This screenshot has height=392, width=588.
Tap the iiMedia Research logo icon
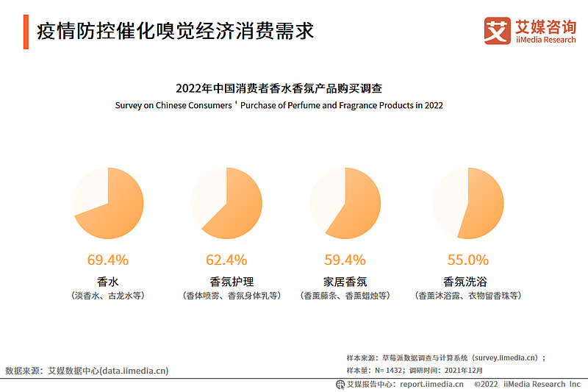(x=497, y=31)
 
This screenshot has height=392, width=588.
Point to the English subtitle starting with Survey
(x=279, y=105)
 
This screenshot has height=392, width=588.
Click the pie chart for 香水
(x=108, y=203)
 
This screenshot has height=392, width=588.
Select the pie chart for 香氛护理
(x=226, y=203)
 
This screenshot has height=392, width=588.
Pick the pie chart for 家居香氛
(x=345, y=203)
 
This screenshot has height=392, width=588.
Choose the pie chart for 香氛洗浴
(x=467, y=203)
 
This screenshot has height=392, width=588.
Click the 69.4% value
(x=108, y=260)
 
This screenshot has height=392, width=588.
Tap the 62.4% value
(x=226, y=260)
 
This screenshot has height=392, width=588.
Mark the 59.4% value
(x=345, y=260)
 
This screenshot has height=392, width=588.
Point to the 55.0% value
(x=467, y=260)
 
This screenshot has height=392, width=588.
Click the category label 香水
(x=108, y=281)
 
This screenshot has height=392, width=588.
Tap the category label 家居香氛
(x=345, y=281)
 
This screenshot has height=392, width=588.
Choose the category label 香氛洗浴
(x=467, y=281)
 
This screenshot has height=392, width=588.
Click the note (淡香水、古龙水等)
(x=108, y=296)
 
